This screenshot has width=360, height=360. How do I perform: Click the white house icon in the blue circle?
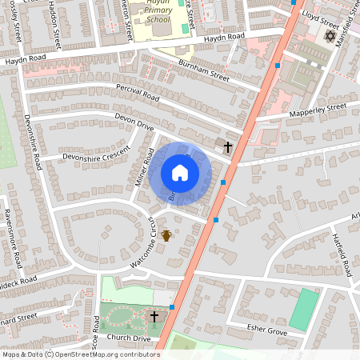coord(180,173)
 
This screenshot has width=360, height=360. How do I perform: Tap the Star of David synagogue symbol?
coord(328,37)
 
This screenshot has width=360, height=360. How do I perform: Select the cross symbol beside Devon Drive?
coord(228,147)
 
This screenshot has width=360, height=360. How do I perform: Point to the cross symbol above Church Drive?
coord(155,317)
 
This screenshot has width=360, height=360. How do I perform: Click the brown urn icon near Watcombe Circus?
coord(166,235)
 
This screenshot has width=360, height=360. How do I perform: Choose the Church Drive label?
coord(130,338)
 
